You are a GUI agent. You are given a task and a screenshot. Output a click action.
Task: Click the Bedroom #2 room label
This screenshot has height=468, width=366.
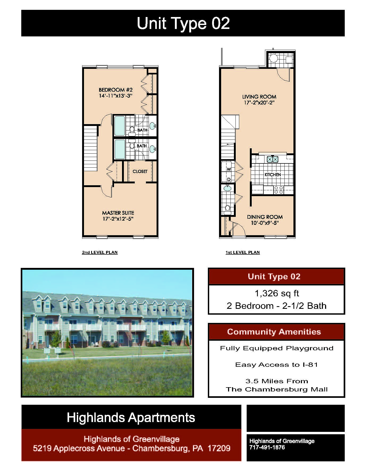point(116,90)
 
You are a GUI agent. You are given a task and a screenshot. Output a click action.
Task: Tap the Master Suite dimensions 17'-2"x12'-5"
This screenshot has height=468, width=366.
point(118,219)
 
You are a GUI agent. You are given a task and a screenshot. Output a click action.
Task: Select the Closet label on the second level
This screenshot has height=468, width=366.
point(140,171)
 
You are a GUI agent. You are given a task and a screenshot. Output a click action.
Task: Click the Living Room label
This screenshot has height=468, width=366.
point(259,97)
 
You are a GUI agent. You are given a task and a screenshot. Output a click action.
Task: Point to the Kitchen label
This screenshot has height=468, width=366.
point(273,175)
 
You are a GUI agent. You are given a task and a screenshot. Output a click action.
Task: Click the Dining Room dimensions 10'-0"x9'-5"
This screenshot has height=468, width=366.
point(265,223)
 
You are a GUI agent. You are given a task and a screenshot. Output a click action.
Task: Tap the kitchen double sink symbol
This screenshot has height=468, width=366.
point(272,159)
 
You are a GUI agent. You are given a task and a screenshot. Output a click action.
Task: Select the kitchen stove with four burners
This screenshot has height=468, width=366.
point(279,189)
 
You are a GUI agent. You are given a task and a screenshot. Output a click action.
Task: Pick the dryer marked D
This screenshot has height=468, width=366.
point(228,179)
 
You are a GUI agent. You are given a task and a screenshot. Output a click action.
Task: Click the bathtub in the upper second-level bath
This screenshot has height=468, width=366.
point(119,126)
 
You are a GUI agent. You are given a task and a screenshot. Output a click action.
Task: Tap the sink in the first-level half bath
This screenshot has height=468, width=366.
point(227,188)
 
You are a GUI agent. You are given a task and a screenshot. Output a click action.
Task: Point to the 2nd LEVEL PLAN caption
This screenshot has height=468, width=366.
point(100,252)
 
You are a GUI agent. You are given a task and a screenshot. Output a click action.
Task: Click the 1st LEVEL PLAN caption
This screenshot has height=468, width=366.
point(243,252)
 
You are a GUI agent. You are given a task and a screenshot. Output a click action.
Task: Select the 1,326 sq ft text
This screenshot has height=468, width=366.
point(277,293)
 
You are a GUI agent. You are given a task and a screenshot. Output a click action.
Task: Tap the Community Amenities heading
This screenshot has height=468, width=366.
point(274,332)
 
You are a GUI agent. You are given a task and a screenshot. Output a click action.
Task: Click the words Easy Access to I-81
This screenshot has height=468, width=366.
point(276,365)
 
